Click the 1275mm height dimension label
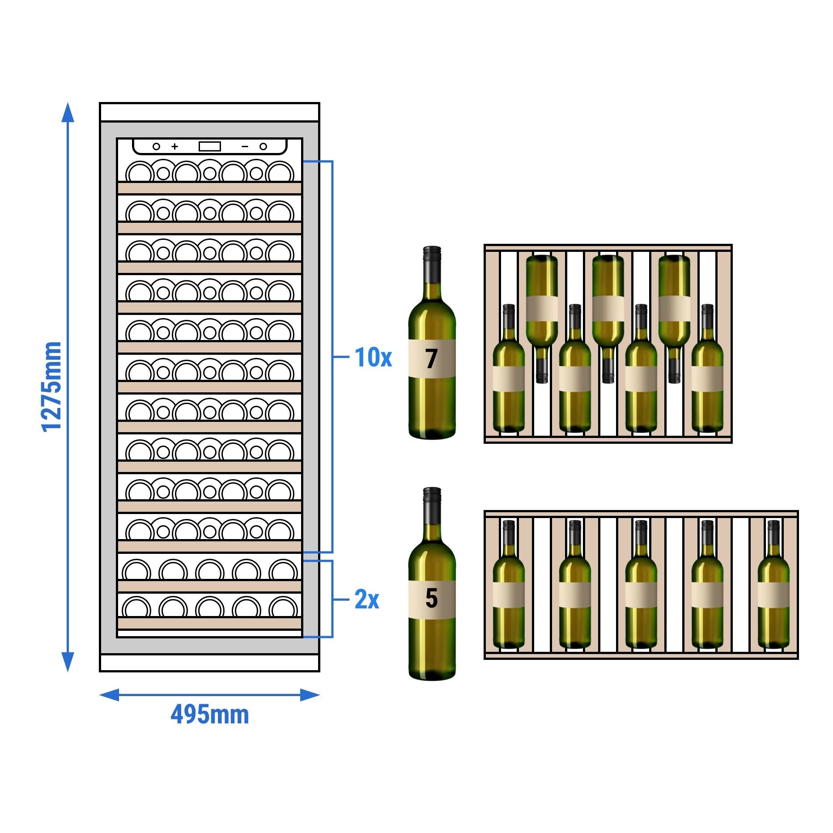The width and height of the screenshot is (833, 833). (x=51, y=387)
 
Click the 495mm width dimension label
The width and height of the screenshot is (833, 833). (x=209, y=714)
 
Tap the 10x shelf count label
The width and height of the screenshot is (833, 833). (x=373, y=357)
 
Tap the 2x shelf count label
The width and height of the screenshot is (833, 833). (x=366, y=599)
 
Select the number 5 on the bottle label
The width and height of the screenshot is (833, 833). (x=431, y=599)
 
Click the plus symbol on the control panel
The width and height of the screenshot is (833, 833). (x=174, y=146)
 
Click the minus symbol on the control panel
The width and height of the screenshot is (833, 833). (x=245, y=146)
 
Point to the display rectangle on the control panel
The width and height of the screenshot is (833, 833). (x=209, y=146)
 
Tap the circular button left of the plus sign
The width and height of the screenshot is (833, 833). (x=156, y=146)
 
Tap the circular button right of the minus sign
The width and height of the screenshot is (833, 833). (x=263, y=146)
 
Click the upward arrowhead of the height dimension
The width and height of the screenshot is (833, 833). (x=68, y=112)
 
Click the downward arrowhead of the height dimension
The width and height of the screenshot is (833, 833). (x=68, y=662)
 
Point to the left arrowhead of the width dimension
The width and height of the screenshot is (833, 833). (x=109, y=695)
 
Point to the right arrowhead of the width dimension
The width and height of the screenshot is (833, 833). (x=310, y=695)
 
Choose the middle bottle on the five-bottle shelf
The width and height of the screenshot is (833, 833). (x=641, y=586)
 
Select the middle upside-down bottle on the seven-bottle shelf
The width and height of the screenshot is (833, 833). (x=608, y=313)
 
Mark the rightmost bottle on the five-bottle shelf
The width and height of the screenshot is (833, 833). (x=773, y=586)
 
